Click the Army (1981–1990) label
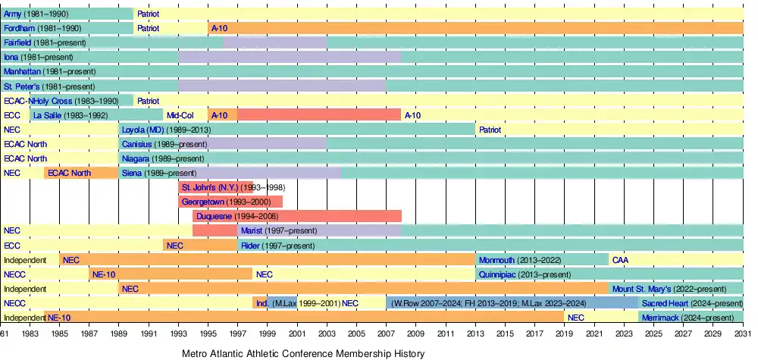point(36,14)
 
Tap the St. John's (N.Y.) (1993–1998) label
point(221,187)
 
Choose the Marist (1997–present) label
point(278,230)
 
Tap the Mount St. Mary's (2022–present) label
point(675,289)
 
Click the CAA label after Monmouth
point(620,260)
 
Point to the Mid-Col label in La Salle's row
point(180,115)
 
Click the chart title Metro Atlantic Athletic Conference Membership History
point(303,353)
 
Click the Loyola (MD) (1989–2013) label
point(167,130)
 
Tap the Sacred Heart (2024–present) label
point(691,303)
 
